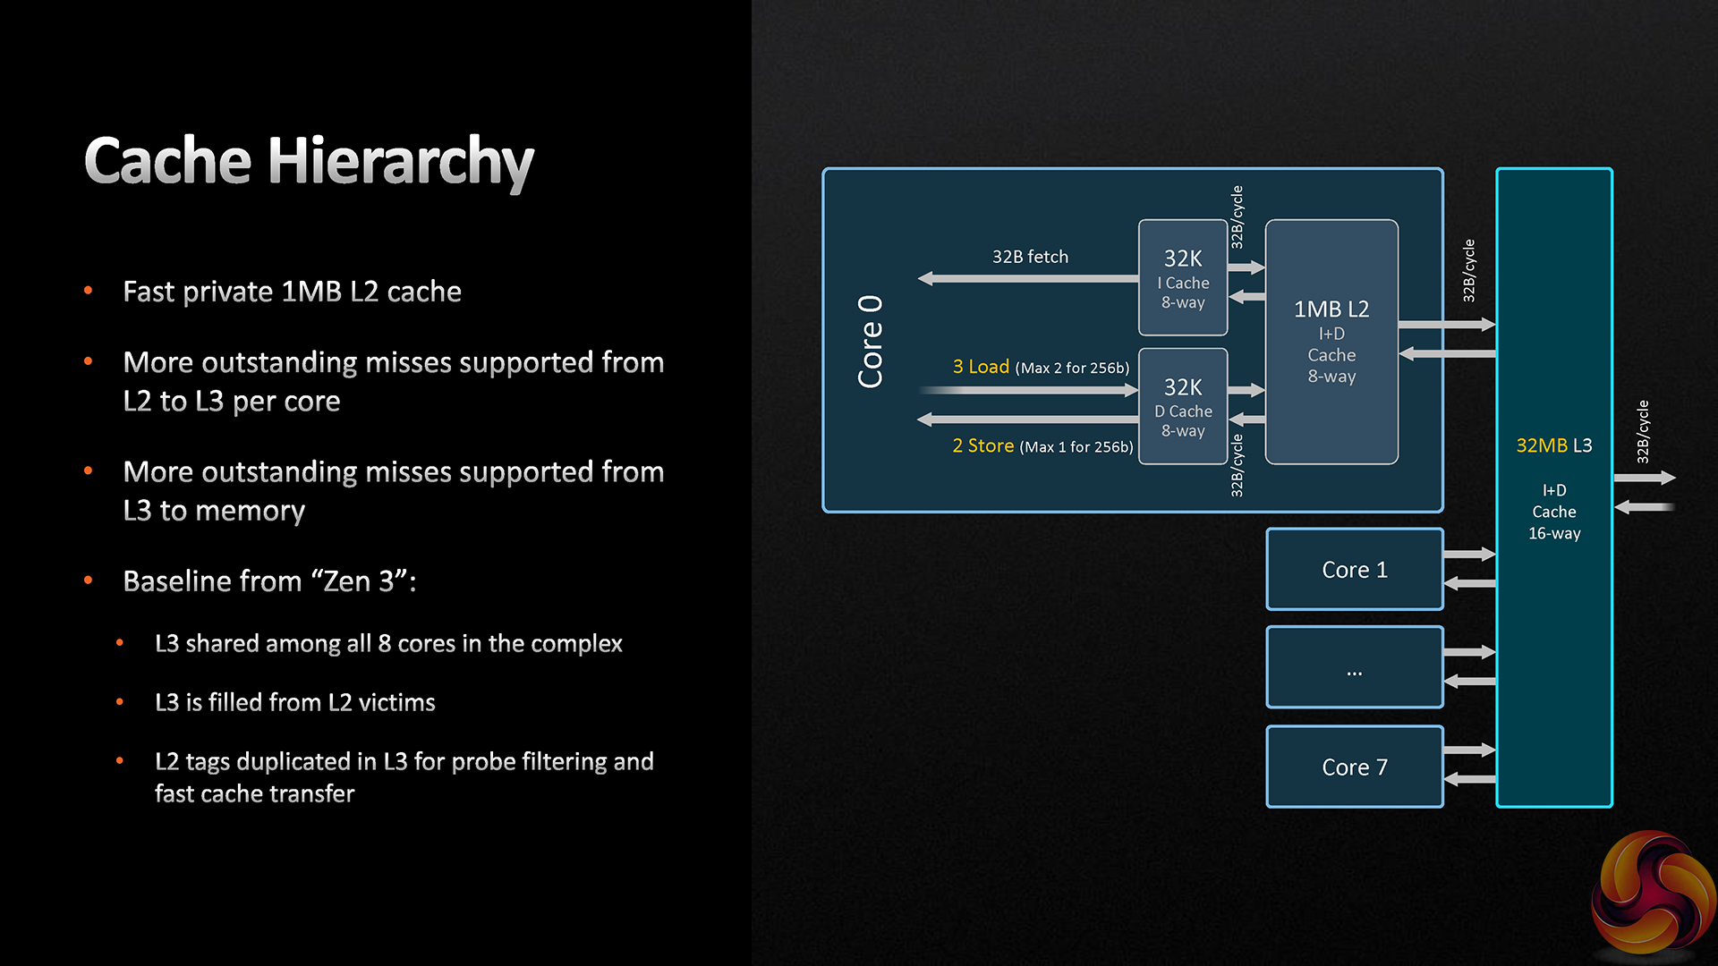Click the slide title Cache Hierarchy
(x=309, y=162)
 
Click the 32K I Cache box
(x=1182, y=278)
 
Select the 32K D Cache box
(x=1182, y=407)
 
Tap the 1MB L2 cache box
(x=1331, y=342)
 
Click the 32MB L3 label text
(x=1553, y=445)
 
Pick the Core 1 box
(x=1354, y=570)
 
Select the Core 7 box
(x=1354, y=767)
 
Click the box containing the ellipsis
(x=1354, y=668)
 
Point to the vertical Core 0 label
(x=871, y=342)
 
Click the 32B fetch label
(x=1030, y=257)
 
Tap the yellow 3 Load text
(x=981, y=367)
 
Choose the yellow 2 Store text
(x=982, y=445)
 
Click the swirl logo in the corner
(x=1654, y=894)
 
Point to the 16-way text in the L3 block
(x=1554, y=534)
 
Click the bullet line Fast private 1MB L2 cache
(x=292, y=292)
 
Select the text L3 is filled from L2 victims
(x=294, y=703)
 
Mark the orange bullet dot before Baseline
(x=89, y=580)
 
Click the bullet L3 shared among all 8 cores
(x=387, y=644)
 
